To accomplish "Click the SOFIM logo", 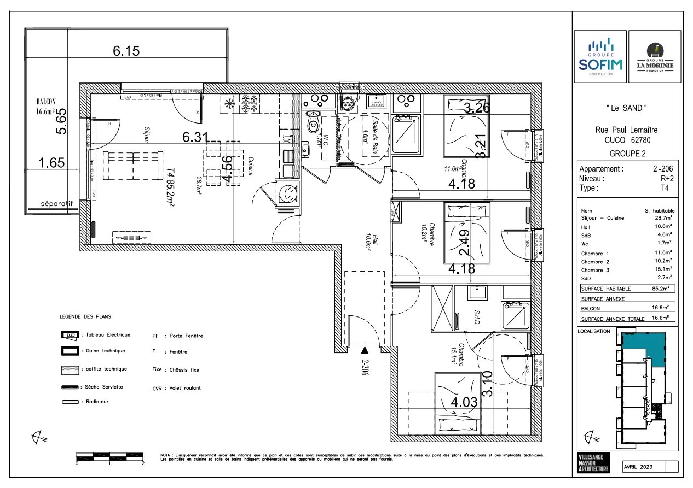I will (600, 56).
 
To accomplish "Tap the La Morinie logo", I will (655, 56).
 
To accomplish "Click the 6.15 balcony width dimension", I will (126, 51).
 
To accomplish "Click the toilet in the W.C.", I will (313, 124).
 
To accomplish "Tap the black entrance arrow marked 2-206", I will (365, 350).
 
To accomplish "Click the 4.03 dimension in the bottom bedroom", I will (465, 403).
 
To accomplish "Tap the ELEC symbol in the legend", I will (70, 335).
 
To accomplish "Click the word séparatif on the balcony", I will (56, 204).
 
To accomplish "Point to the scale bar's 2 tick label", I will (143, 463).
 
